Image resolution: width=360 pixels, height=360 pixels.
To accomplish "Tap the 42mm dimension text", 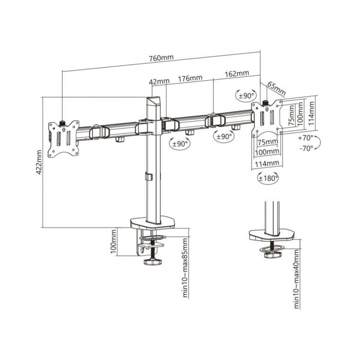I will point(160,82).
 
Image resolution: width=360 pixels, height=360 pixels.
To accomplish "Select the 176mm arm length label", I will point(190,78).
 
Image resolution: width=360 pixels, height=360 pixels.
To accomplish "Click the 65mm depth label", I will point(276,88).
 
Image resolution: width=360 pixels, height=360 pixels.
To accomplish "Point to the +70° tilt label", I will point(305,137).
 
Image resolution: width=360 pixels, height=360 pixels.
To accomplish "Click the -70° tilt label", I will point(305,148).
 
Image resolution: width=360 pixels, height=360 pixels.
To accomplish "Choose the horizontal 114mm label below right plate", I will point(268,163).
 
